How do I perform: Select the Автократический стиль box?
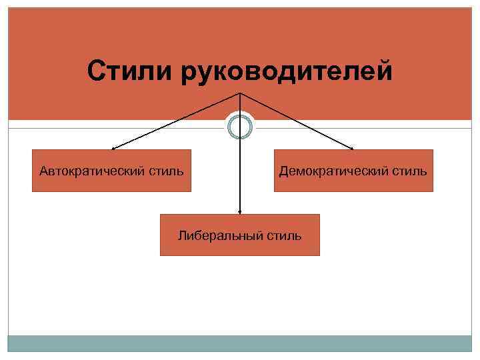point(111,171)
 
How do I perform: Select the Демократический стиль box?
point(353,171)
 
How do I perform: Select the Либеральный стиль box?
point(239,235)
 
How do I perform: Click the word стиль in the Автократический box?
point(166,171)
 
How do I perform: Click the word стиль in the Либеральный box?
point(284,235)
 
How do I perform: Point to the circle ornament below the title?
point(240,126)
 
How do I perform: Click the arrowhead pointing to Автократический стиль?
point(113,148)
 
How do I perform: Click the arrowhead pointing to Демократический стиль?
point(352,148)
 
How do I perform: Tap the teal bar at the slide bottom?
point(239,343)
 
